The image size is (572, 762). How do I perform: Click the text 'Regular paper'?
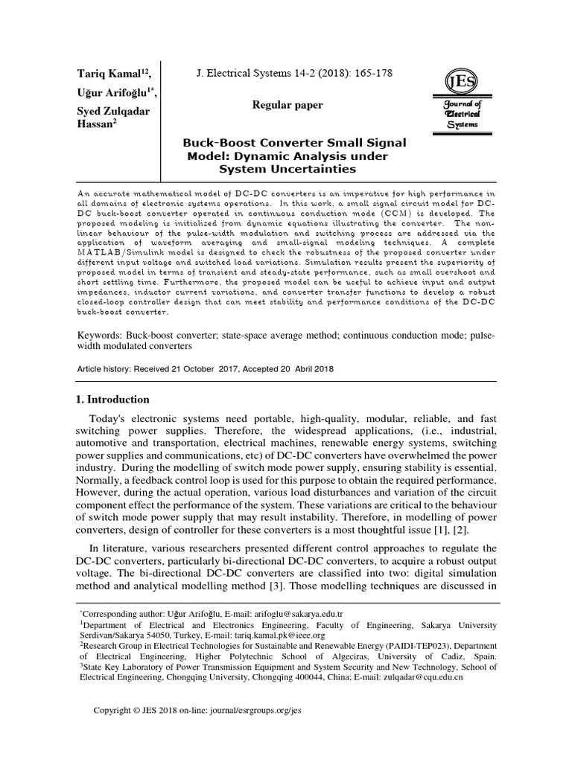tap(288, 105)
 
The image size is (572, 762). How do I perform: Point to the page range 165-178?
tap(370, 73)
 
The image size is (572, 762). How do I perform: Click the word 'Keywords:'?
tap(101, 335)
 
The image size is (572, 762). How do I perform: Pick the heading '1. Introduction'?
tap(113, 400)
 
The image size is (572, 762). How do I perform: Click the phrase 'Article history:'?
tap(107, 369)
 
